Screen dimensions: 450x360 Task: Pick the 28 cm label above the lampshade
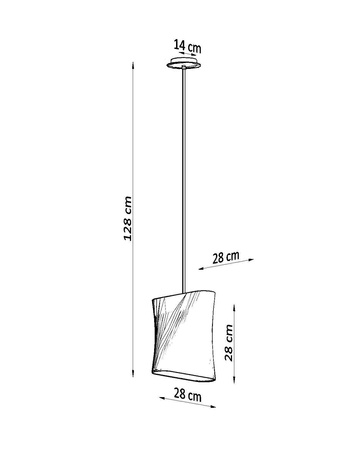[226, 258]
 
